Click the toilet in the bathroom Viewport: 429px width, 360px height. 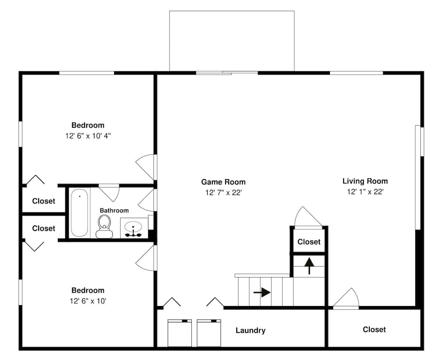click(104, 227)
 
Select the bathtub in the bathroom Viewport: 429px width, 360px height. click(80, 213)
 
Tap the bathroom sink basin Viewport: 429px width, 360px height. click(133, 226)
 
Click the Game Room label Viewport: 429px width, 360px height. click(223, 182)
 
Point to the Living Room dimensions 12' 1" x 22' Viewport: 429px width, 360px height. click(365, 192)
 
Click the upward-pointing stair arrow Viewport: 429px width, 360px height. click(309, 266)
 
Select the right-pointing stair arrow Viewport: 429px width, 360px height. click(262, 292)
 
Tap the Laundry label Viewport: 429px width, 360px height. click(251, 330)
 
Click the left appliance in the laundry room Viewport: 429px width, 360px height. click(179, 333)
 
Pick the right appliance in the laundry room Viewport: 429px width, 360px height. click(209, 333)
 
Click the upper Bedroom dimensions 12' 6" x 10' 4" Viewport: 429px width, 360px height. click(88, 136)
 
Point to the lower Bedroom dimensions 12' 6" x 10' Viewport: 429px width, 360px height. click(88, 301)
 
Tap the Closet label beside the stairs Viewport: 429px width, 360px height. click(309, 242)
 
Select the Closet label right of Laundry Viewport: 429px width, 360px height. click(374, 330)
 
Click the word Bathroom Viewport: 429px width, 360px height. click(114, 210)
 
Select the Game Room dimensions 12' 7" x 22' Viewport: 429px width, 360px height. click(224, 193)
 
